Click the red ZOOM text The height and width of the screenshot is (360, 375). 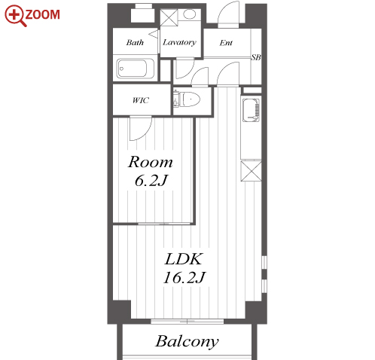(42, 14)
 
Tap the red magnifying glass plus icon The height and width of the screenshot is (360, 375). (15, 16)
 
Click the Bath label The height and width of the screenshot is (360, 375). (135, 42)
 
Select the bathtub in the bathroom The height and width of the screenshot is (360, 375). (135, 69)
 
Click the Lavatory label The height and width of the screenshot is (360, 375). (179, 42)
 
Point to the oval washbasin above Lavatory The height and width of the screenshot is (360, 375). (189, 14)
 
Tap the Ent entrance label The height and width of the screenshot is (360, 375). (226, 43)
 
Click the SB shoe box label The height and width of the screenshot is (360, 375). (256, 57)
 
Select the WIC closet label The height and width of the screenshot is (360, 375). (141, 100)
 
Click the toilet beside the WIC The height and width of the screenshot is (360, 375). (187, 99)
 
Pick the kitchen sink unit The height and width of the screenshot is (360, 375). (251, 110)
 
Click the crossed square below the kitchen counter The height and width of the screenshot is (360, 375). (251, 171)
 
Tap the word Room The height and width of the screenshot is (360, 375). (151, 162)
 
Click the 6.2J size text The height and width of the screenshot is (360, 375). (151, 180)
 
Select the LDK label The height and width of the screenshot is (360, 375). (183, 259)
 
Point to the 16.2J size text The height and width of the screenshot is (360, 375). (184, 278)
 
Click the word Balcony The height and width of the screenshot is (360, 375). (187, 341)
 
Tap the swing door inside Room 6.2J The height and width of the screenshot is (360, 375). (141, 129)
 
